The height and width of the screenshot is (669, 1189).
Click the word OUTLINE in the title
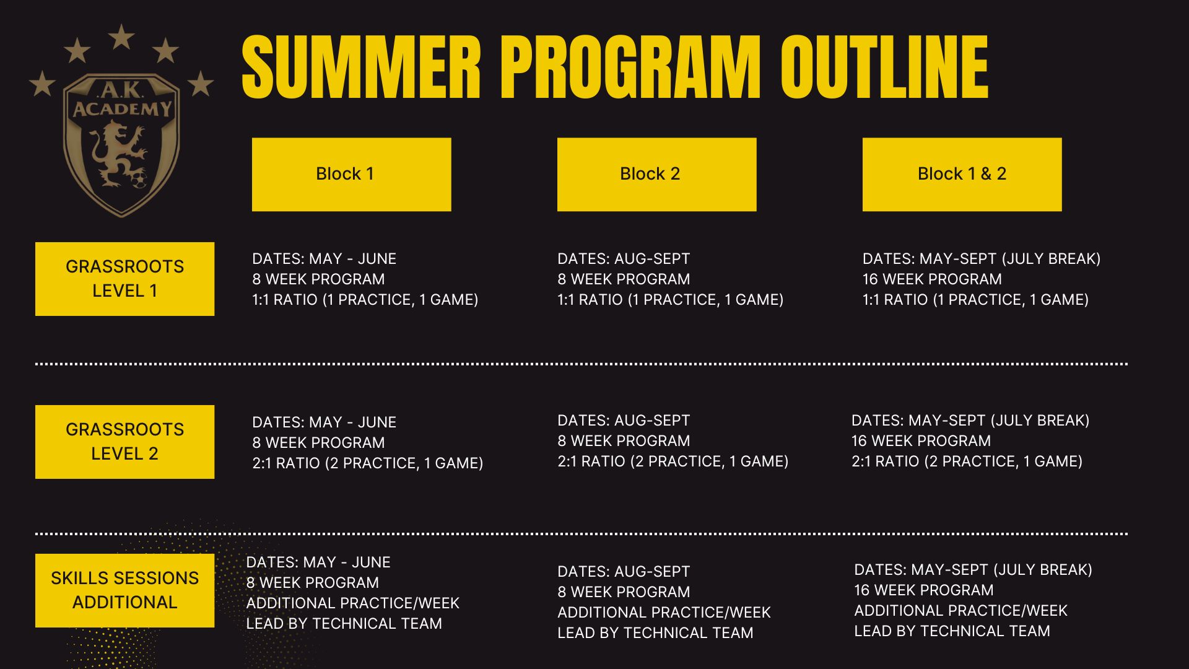click(884, 67)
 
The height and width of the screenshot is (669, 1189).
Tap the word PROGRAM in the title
click(630, 67)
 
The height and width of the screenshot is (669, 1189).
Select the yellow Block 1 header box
click(351, 174)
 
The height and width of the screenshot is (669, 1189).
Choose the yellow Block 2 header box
click(656, 174)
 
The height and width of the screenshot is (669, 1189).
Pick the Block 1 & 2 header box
click(962, 174)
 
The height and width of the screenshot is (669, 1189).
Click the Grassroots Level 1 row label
click(124, 279)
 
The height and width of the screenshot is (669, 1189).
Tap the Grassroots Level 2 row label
click(124, 442)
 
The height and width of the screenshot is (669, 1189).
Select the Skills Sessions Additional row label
click(124, 590)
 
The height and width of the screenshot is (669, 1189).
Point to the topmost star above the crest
click(121, 37)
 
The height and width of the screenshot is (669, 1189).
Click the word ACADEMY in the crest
click(122, 110)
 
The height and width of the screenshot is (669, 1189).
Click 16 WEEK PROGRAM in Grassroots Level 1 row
click(932, 279)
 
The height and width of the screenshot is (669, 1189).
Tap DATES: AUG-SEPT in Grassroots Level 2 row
click(624, 421)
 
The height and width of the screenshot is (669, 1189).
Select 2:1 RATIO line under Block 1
click(367, 463)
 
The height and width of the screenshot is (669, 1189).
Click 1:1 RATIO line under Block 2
click(670, 300)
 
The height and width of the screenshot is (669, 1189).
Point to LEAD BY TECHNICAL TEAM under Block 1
click(344, 624)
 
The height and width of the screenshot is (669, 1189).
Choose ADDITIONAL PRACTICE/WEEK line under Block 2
click(664, 613)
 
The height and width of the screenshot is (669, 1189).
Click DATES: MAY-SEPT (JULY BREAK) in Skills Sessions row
click(973, 570)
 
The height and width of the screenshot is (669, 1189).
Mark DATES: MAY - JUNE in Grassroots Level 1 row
click(324, 259)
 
